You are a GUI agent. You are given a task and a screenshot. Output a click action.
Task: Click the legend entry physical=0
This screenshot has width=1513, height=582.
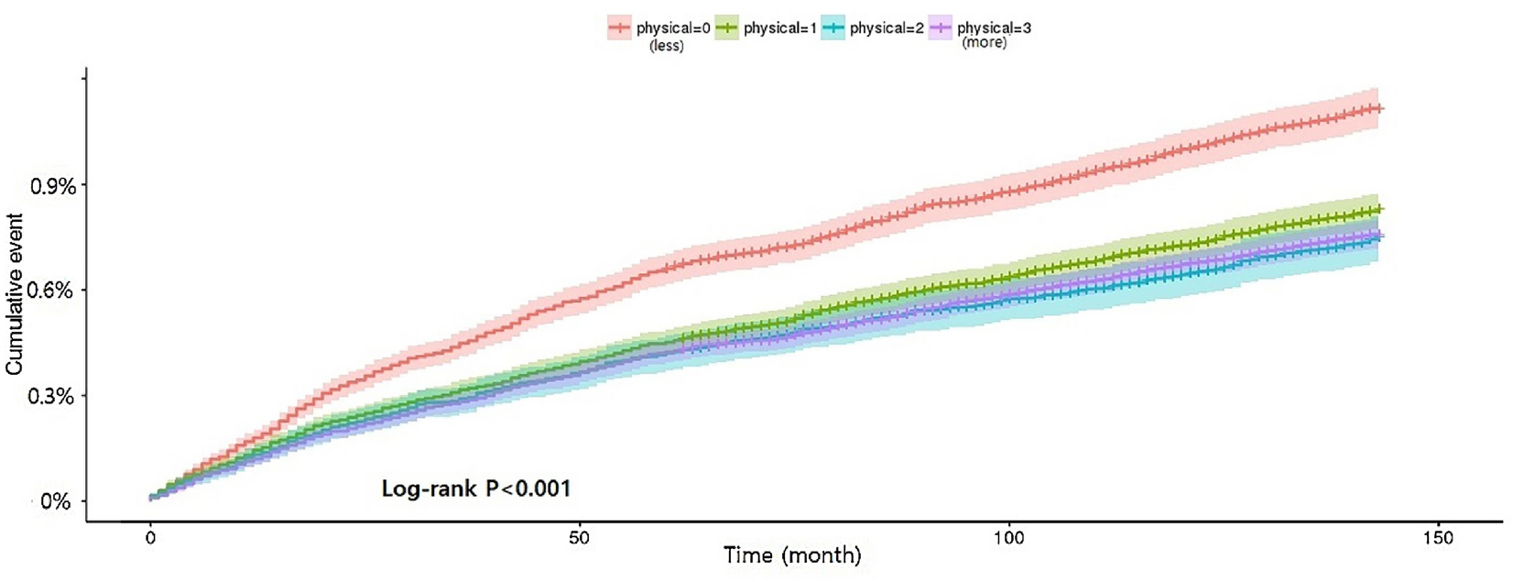[672, 28]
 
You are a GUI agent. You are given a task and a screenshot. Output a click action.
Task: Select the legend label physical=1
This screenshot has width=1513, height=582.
[779, 28]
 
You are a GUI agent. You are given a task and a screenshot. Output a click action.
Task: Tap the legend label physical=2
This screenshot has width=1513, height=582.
[886, 28]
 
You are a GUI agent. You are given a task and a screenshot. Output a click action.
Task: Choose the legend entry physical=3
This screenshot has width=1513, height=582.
[993, 28]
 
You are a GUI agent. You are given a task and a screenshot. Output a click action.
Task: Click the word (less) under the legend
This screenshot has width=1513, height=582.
[666, 46]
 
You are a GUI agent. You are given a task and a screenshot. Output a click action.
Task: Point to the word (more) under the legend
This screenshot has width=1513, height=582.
[984, 43]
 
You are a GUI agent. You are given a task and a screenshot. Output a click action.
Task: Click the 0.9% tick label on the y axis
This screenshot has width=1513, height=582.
[53, 187]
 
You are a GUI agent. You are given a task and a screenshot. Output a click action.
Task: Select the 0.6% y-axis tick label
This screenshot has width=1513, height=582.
[53, 291]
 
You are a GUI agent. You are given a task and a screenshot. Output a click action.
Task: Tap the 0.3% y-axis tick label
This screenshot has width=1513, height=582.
[53, 397]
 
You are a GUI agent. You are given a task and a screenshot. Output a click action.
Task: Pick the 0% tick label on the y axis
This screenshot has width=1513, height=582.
[55, 501]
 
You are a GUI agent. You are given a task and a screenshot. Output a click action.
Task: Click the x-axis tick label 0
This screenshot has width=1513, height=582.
[151, 539]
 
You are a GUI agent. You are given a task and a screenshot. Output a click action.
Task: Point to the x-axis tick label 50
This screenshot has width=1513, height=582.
[579, 539]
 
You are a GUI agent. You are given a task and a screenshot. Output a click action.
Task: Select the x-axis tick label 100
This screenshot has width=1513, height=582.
[1007, 539]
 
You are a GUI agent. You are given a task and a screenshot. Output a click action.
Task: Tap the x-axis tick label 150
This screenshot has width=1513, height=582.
[1437, 539]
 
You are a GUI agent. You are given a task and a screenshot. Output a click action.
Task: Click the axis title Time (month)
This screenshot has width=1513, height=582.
[792, 555]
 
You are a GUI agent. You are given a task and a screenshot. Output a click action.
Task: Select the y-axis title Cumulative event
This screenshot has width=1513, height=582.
[15, 293]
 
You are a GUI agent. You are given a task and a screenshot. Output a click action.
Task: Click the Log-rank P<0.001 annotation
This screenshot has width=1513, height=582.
[476, 489]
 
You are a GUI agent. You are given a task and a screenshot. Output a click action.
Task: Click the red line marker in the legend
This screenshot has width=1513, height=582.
[620, 28]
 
